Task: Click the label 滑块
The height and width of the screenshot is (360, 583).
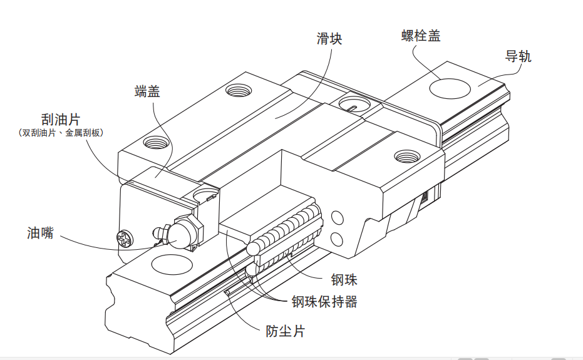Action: coord(329,39)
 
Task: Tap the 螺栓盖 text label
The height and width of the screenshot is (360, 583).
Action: coord(421,36)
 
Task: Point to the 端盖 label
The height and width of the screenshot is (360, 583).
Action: coord(147,91)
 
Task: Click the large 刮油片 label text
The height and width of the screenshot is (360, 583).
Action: coord(61,120)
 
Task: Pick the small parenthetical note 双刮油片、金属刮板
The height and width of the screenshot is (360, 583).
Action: coord(61,133)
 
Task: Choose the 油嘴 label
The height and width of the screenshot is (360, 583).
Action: coord(40,234)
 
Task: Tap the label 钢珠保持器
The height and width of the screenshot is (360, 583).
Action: coord(324,302)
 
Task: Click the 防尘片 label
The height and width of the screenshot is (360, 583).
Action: coord(285,331)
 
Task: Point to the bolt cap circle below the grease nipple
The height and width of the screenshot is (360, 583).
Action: coord(171,265)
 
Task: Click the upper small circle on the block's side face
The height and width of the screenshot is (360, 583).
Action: coord(337,219)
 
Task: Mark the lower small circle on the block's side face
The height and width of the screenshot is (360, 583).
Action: coord(337,239)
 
